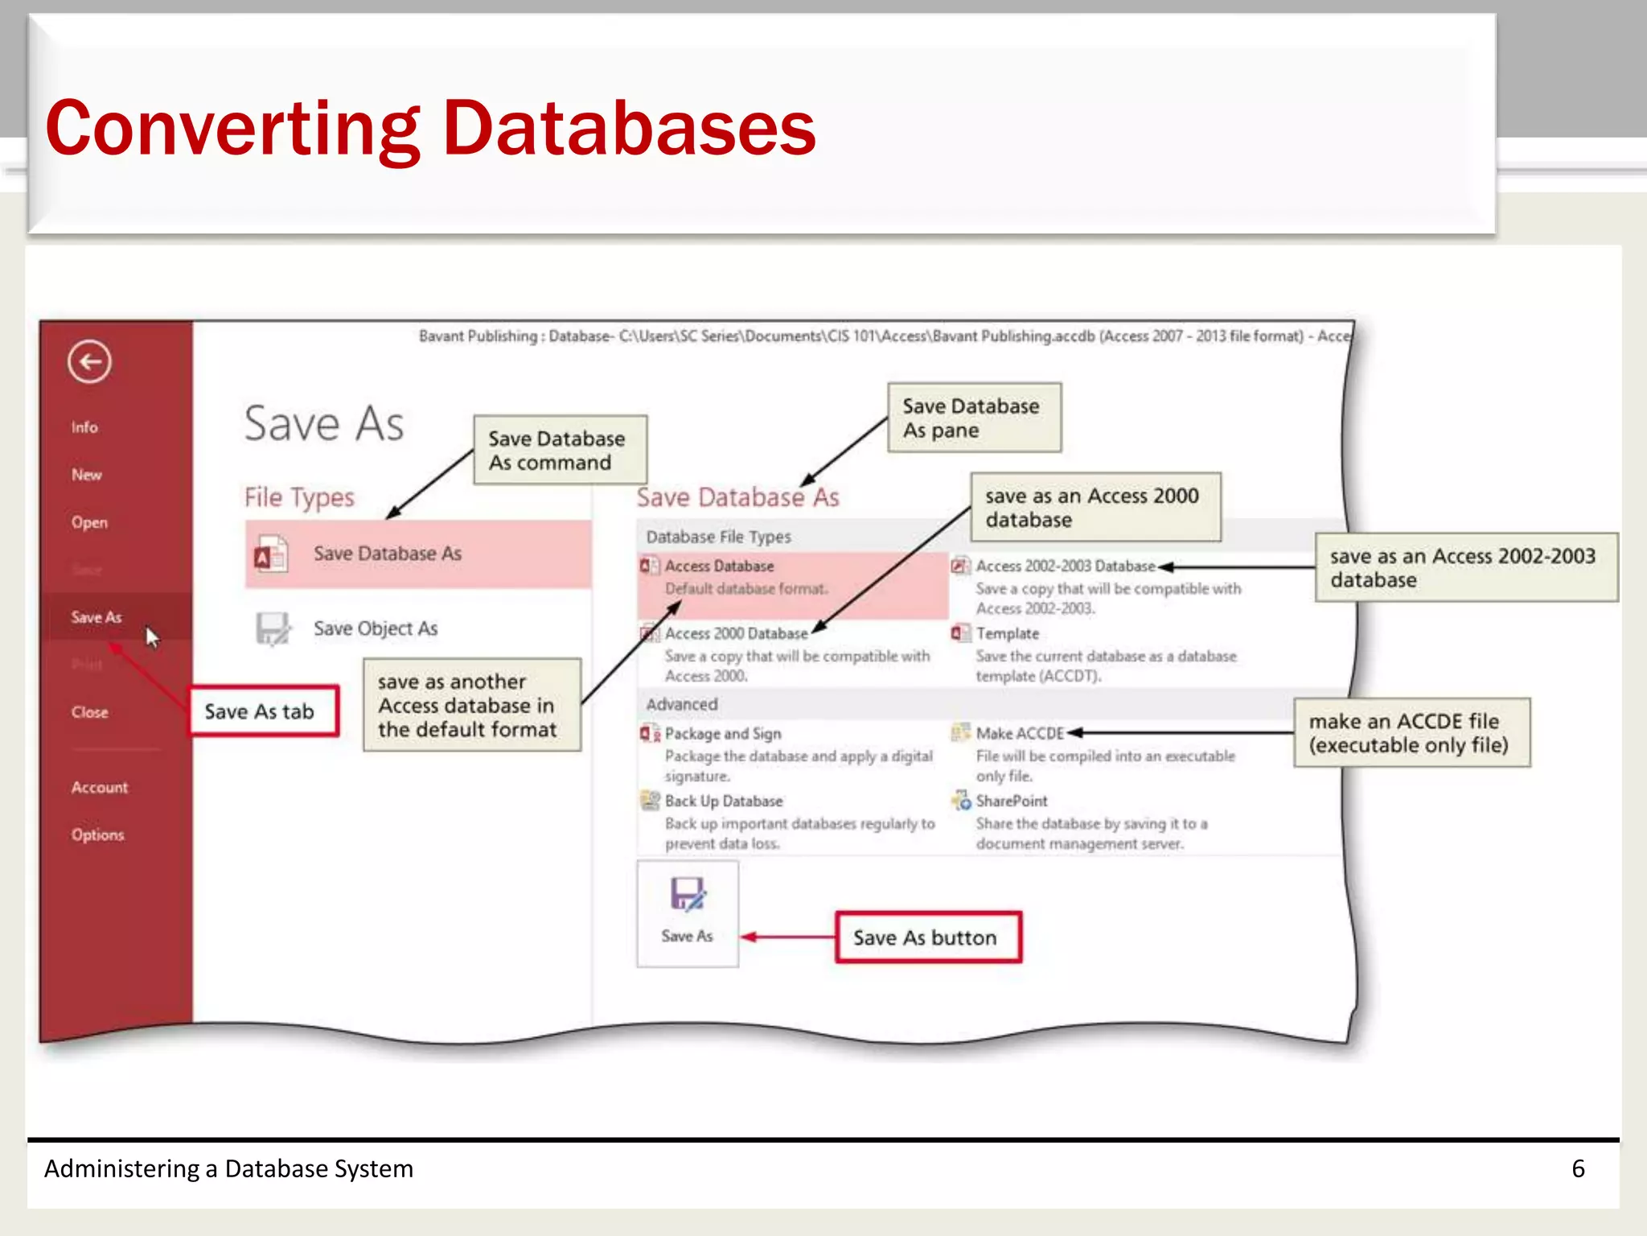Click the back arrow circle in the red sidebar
click(89, 362)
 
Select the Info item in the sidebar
click(84, 427)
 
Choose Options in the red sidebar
click(97, 834)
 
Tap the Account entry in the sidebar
click(99, 787)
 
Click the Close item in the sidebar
click(89, 712)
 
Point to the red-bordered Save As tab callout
click(263, 711)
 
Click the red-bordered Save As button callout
click(928, 937)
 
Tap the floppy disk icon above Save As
click(688, 894)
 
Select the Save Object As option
click(375, 628)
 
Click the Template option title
click(1007, 633)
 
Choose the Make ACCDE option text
click(1019, 733)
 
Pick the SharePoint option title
click(1011, 801)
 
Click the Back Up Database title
click(723, 801)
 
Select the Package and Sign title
click(722, 733)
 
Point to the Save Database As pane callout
click(974, 418)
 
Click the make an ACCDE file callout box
click(1411, 733)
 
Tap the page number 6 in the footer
click(1578, 1168)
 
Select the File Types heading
click(299, 497)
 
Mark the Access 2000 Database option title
click(736, 633)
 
